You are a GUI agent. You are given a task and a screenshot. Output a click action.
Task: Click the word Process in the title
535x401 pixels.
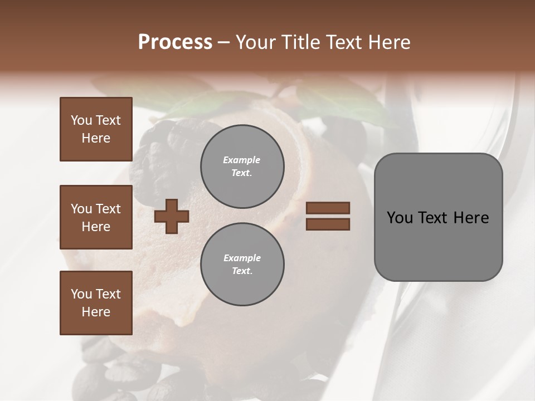[175, 42]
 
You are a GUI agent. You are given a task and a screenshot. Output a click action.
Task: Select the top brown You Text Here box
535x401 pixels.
[96, 129]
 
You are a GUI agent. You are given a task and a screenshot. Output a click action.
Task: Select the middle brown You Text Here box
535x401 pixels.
[96, 217]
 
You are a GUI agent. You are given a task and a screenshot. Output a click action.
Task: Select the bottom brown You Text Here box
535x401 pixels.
[96, 303]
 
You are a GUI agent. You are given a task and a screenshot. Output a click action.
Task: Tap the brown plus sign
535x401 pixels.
[172, 216]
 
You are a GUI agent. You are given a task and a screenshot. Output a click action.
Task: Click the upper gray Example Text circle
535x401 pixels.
[242, 166]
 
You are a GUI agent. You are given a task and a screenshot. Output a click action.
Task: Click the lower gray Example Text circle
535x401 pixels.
[242, 264]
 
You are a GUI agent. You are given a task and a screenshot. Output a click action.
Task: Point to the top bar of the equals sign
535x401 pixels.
[328, 208]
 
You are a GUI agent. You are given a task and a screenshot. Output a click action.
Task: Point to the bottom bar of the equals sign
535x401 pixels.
[328, 224]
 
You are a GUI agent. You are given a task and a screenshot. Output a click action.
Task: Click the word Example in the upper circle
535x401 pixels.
[242, 160]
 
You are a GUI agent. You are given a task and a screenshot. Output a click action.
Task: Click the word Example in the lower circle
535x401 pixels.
[242, 258]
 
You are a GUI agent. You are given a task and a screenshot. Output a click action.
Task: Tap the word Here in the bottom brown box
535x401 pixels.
[96, 312]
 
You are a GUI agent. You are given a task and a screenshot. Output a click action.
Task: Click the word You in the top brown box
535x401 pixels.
[81, 120]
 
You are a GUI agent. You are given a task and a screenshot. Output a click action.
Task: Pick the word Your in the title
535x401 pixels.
[256, 42]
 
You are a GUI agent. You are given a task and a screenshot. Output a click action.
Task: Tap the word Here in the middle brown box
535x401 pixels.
[96, 227]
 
